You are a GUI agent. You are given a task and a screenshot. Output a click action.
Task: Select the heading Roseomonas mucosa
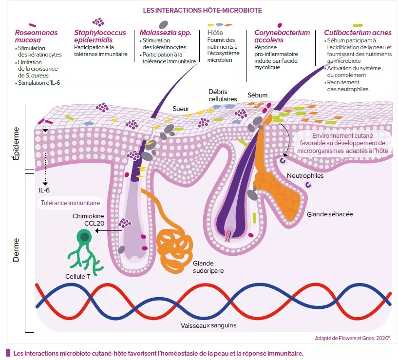[x=36, y=37]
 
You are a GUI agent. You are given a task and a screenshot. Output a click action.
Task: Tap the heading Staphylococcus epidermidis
[x=99, y=37]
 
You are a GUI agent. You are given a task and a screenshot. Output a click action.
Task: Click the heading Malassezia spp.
[x=165, y=33]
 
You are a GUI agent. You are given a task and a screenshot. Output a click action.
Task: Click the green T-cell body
[x=85, y=238]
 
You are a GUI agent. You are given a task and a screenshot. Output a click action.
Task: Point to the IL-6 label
[x=44, y=189]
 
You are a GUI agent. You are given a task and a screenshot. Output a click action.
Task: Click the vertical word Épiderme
[x=16, y=141]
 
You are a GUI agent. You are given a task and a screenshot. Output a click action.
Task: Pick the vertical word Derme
[x=16, y=250]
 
